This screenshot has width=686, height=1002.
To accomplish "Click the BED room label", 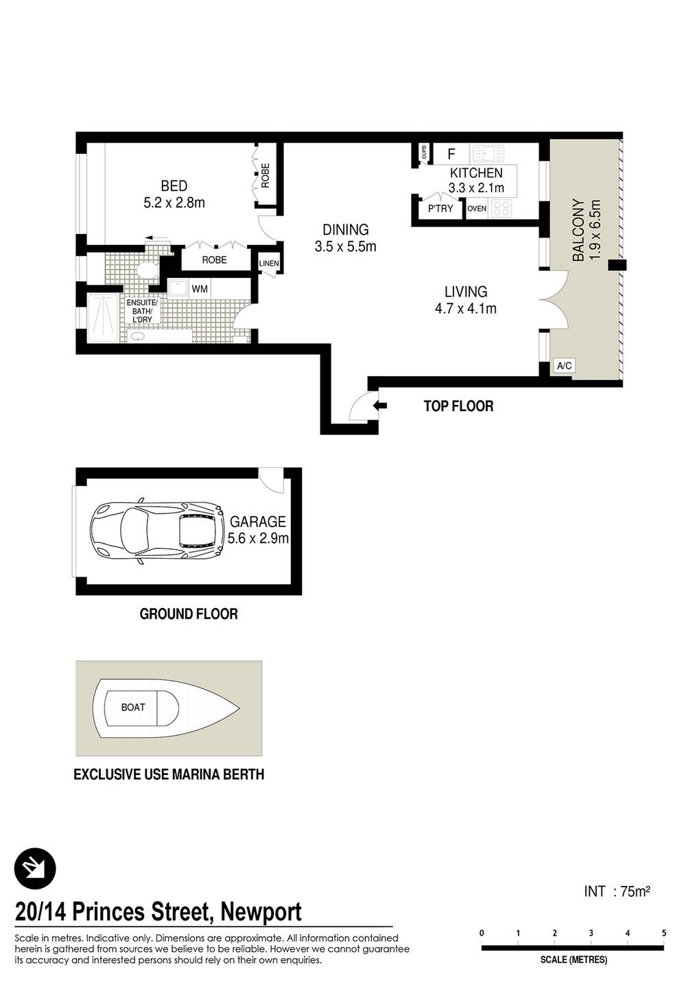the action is coord(174,185).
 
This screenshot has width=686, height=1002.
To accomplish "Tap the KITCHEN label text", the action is coord(476,173).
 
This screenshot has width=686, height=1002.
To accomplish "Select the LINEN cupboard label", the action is coord(269,264).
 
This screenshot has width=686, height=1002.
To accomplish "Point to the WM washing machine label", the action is coord(200,289).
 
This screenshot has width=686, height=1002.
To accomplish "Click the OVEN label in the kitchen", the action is coord(477,209).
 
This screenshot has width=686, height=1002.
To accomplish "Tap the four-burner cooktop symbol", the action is coord(501,208).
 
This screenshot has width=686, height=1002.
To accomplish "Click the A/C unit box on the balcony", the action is coord(564,366).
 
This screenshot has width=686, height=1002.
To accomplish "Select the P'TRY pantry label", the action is coord(440,209).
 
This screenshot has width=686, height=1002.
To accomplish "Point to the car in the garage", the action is coord(157,531).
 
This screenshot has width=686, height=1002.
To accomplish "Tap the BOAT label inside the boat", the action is coord(133,707).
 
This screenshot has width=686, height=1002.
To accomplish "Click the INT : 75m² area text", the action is coord(617,892).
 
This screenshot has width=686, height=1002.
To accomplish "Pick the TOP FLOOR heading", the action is coord(458,406).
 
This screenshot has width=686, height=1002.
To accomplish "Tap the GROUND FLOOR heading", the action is coord(189,614).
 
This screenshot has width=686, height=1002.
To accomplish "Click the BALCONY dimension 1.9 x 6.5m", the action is coord(595,230).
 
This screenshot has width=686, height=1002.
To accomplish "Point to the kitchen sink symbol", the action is coord(489,154).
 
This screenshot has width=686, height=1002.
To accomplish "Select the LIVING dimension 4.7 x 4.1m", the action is coord(466,309).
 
